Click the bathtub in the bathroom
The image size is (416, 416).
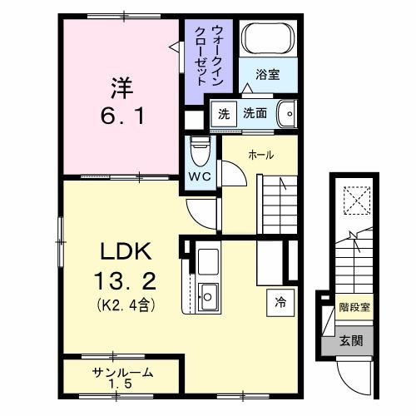(267, 40)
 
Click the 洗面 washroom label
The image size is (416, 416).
(255, 113)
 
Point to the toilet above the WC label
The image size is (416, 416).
(199, 151)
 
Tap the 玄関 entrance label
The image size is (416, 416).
(350, 339)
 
